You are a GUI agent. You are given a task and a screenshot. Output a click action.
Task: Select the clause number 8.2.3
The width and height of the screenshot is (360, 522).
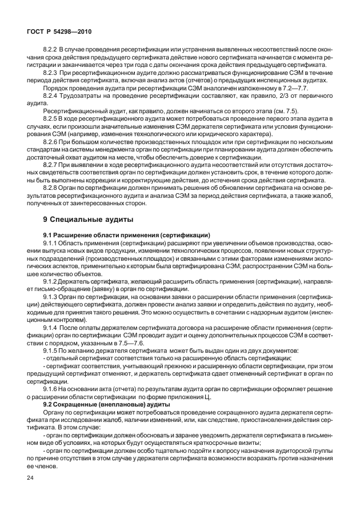51,73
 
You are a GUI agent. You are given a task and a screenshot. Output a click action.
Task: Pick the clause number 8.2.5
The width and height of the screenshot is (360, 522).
51,117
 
